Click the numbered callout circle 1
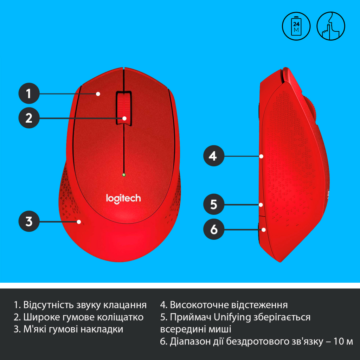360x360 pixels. [x=29, y=94]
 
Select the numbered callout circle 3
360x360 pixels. [x=29, y=221]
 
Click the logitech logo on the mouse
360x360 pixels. [x=123, y=198]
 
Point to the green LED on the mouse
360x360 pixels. [x=124, y=175]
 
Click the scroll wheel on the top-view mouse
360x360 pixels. [x=124, y=108]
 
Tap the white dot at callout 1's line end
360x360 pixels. [x=98, y=94]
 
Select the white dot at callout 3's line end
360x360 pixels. [x=79, y=221]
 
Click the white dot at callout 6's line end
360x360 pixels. [x=264, y=230]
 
